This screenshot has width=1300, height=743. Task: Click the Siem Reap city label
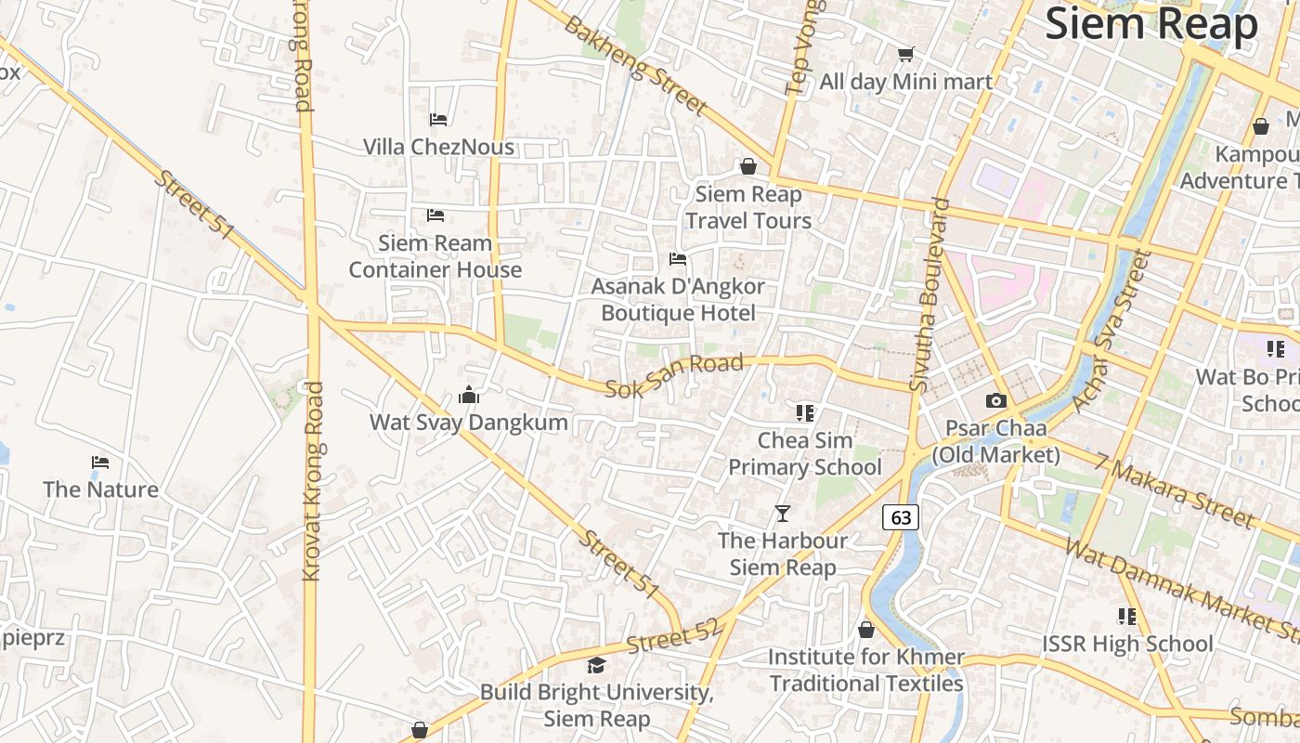[x=1151, y=24]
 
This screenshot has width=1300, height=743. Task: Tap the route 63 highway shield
[x=901, y=517]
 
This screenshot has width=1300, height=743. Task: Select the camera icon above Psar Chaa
[x=995, y=400]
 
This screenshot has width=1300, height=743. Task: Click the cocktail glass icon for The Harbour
[x=783, y=513]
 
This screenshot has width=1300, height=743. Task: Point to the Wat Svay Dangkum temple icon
[x=469, y=396]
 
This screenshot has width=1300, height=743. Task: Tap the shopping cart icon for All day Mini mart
[x=905, y=54]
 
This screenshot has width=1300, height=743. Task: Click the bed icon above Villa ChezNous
[x=438, y=119]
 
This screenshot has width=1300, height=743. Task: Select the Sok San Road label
[x=674, y=376]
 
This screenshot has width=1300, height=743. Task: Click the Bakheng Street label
[x=635, y=65]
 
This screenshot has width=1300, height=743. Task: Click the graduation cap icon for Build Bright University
[x=596, y=665]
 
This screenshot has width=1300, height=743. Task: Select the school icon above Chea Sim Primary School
[x=804, y=412]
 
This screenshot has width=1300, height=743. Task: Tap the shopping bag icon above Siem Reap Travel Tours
[x=748, y=166]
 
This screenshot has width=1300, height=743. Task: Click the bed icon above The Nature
[x=100, y=462]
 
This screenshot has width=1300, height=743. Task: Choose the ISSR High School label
[x=1127, y=644]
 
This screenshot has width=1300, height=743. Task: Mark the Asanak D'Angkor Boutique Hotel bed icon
[x=678, y=258]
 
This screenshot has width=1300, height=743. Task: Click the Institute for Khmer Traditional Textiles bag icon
[x=866, y=630]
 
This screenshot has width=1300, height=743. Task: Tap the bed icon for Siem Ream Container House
[x=435, y=215]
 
